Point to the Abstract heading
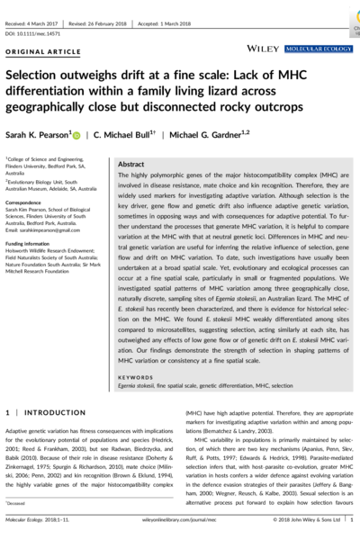click(132, 166)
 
